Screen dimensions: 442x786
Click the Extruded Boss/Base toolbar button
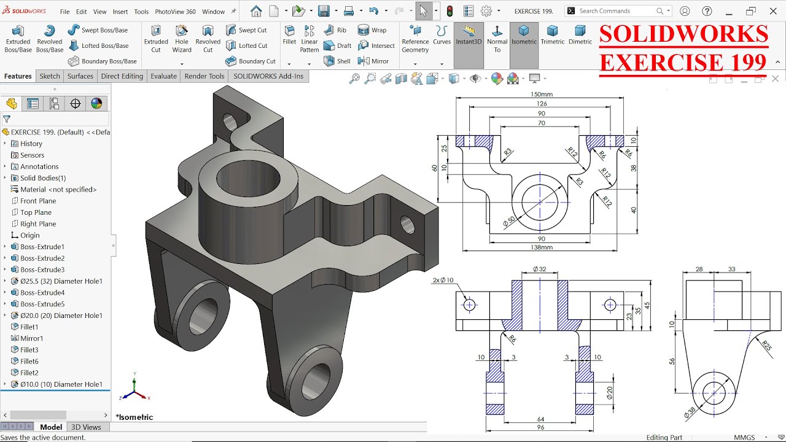pyautogui.click(x=18, y=39)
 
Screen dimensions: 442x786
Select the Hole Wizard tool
pyautogui.click(x=182, y=39)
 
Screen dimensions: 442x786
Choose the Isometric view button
pyautogui.click(x=524, y=36)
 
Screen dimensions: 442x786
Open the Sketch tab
pyautogui.click(x=50, y=76)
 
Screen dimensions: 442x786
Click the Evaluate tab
pyautogui.click(x=163, y=76)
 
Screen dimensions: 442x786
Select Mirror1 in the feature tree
pyautogui.click(x=31, y=338)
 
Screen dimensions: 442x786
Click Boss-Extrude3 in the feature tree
pyautogui.click(x=42, y=269)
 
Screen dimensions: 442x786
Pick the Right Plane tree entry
pyautogui.click(x=38, y=224)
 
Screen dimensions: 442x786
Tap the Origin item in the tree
pyautogui.click(x=29, y=235)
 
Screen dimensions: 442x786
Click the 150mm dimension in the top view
pyautogui.click(x=541, y=95)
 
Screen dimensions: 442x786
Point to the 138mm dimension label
pyautogui.click(x=541, y=247)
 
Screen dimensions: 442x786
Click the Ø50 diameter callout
pyautogui.click(x=509, y=222)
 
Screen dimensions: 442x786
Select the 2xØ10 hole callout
pyautogui.click(x=442, y=281)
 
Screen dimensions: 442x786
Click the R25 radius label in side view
pyautogui.click(x=766, y=346)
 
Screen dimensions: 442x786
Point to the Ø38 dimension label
pyautogui.click(x=690, y=413)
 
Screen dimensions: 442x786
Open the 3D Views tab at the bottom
pyautogui.click(x=86, y=427)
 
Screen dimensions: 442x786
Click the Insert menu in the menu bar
pyautogui.click(x=120, y=12)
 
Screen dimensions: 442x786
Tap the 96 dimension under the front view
pyautogui.click(x=540, y=427)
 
